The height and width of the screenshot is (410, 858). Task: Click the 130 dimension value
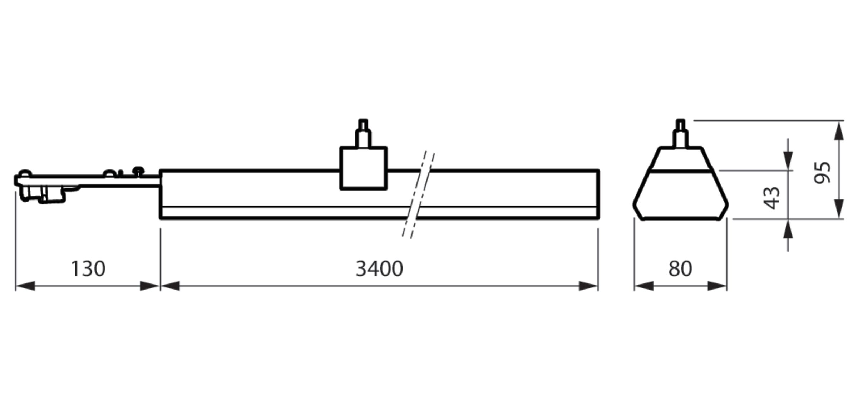click(x=88, y=269)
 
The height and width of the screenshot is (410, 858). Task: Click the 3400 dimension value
click(x=379, y=269)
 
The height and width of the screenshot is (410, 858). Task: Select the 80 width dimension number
click(x=680, y=269)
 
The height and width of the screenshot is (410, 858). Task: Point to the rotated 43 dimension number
click(x=772, y=198)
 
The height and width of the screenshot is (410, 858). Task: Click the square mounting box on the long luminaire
click(x=363, y=168)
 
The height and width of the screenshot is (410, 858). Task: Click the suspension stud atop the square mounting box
click(x=363, y=133)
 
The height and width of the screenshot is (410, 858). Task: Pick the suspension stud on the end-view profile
click(x=680, y=133)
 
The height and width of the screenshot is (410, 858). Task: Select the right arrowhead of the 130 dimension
click(x=149, y=286)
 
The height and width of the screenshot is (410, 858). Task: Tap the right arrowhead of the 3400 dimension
click(x=588, y=286)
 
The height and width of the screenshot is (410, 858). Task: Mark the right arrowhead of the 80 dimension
click(x=717, y=286)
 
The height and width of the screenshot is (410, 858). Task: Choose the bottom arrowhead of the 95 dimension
click(x=839, y=209)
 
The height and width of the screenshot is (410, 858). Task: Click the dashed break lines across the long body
click(x=418, y=195)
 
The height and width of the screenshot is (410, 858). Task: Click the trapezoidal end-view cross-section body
click(x=681, y=193)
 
